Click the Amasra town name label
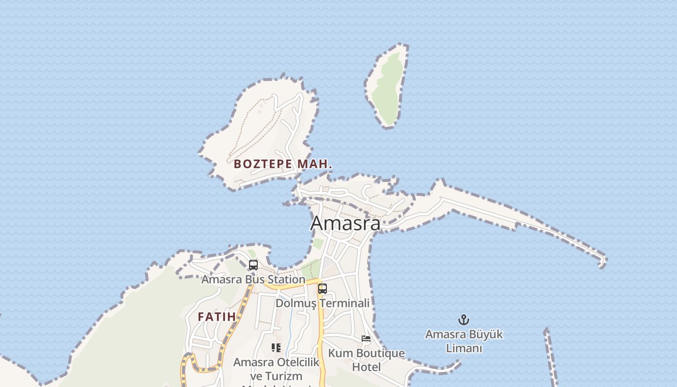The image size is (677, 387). (x=345, y=223)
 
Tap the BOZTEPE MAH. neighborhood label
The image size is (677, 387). (x=283, y=164)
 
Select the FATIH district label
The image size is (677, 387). (x=217, y=317)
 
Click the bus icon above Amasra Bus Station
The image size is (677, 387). (x=253, y=265)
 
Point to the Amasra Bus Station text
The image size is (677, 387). (x=253, y=280)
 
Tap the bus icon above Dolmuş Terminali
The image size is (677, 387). (x=322, y=289)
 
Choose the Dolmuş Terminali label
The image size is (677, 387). (x=322, y=303)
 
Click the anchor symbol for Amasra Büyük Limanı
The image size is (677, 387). (x=463, y=320)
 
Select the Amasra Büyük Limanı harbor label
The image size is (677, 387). (x=463, y=341)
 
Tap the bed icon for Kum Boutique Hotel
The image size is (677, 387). (x=366, y=339)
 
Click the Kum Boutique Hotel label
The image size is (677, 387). (x=366, y=360)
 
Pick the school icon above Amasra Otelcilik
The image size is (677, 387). (x=276, y=347)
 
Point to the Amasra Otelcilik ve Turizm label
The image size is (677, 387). (x=276, y=369)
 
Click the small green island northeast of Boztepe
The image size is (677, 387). (x=387, y=87)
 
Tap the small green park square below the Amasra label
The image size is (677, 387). (x=318, y=243)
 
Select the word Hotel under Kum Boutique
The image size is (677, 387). (x=366, y=367)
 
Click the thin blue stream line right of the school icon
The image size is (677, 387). (x=289, y=334)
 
